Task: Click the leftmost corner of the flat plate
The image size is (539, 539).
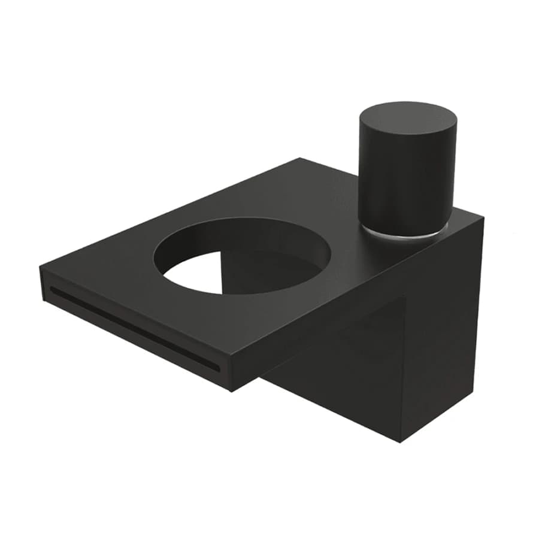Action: coord(40,268)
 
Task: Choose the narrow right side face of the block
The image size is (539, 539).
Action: coord(443,335)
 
